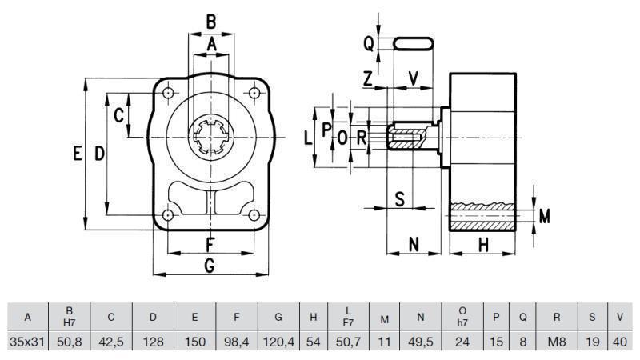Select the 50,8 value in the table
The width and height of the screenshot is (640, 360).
(x=70, y=341)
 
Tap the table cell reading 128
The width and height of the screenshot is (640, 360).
(x=153, y=341)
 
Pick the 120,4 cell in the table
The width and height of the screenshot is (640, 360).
(x=278, y=341)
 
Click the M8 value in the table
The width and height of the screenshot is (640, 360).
(x=556, y=341)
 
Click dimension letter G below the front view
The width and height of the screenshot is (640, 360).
(x=210, y=266)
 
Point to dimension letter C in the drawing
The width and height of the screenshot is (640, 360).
(x=118, y=115)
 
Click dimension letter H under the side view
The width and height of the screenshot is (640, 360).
(x=483, y=245)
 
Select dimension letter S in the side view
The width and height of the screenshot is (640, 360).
(x=401, y=199)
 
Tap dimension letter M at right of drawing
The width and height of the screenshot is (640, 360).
(x=545, y=216)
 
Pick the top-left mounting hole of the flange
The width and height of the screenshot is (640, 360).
(x=168, y=94)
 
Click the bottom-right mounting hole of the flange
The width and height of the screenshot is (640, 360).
(x=254, y=216)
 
